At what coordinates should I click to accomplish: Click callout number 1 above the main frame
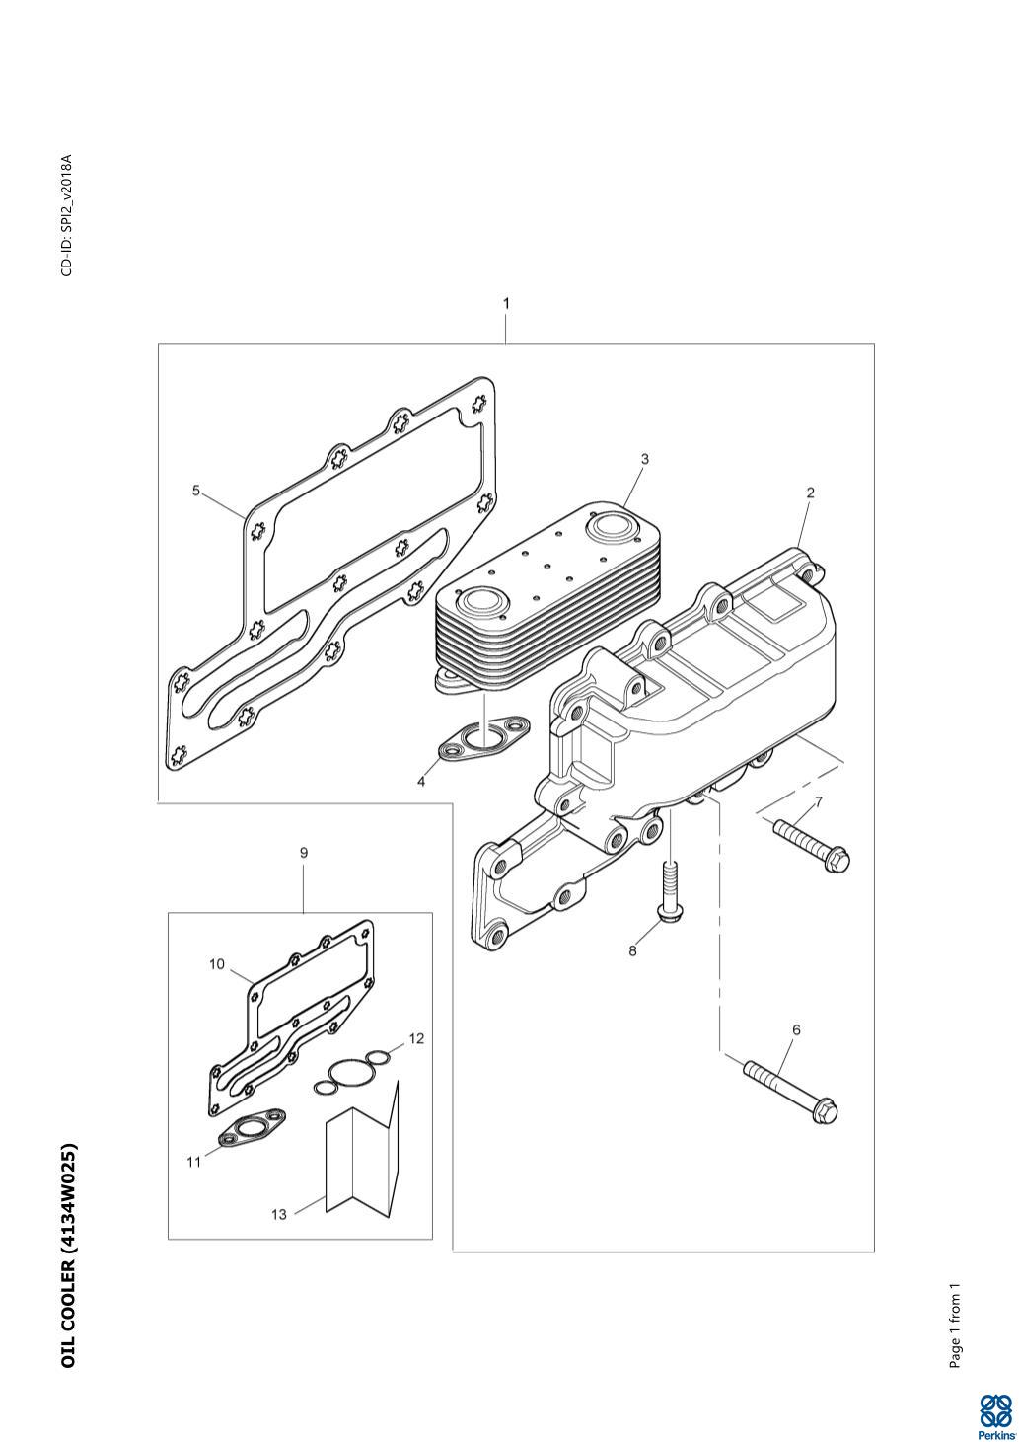506,303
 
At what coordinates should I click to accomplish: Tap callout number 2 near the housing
810,493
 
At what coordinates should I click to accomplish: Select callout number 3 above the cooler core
644,459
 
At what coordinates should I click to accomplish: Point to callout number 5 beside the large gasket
196,492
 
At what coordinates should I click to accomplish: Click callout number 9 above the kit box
304,853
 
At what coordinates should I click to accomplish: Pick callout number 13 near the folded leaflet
278,1214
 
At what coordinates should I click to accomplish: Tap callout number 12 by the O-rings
417,1038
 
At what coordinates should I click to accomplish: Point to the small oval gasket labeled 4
483,737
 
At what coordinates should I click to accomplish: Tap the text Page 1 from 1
955,1316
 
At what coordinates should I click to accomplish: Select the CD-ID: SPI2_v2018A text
67,215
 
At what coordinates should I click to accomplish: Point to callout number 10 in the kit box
217,963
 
